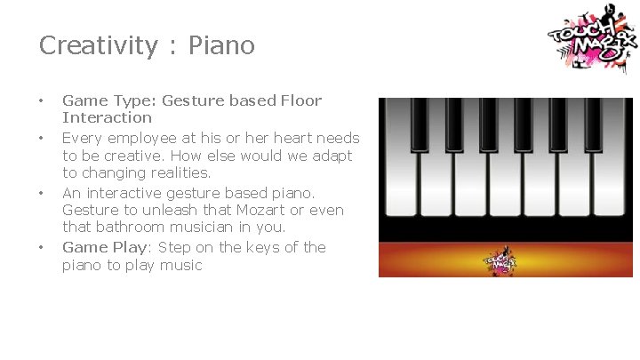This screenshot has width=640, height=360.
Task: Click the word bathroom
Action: pos(131,228)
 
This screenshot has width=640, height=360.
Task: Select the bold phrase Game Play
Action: pos(95,247)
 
